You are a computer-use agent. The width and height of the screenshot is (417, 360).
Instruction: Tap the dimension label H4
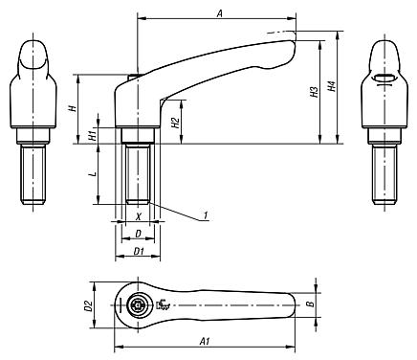click(332, 86)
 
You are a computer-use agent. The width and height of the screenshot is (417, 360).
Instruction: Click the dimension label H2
click(175, 123)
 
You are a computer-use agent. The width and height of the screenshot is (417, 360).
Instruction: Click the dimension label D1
click(138, 250)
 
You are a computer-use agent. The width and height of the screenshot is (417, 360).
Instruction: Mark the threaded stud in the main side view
click(139, 171)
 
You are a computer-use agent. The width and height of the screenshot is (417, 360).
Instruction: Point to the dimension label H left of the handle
click(73, 108)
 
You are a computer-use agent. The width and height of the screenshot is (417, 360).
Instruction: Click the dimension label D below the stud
click(138, 234)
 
